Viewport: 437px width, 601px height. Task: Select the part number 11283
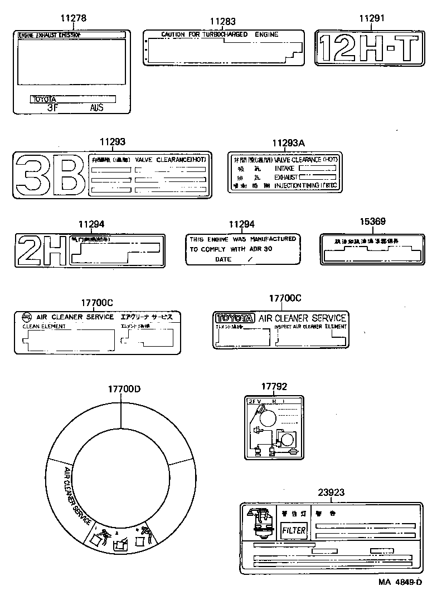tap(222, 22)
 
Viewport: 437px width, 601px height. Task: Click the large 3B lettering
tap(50, 174)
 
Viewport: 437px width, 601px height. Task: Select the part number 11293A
tap(288, 143)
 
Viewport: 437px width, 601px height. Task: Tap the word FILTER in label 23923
tap(293, 530)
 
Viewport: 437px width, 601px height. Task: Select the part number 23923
tap(331, 492)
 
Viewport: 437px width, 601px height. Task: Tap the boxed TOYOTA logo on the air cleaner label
tap(235, 318)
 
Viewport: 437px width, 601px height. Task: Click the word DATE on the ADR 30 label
tap(222, 259)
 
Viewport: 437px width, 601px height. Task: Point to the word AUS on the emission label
tap(96, 108)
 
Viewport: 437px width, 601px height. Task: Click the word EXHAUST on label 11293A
tap(286, 176)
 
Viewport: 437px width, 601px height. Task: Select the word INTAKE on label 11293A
tap(284, 168)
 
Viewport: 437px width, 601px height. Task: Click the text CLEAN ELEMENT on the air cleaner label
tap(43, 327)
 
